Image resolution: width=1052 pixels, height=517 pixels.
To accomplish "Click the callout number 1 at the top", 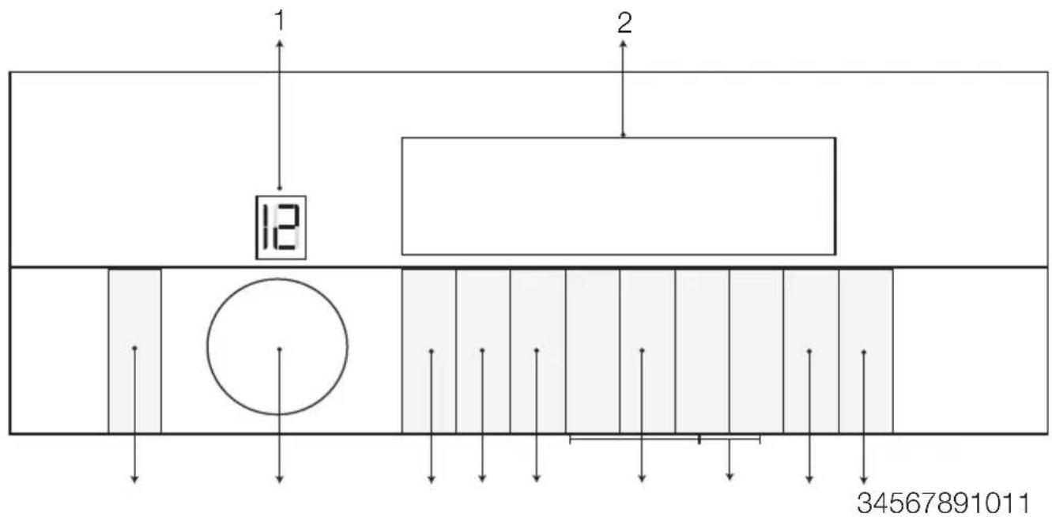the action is (x=280, y=21).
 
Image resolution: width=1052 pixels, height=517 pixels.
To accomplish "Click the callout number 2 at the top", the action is (x=624, y=23).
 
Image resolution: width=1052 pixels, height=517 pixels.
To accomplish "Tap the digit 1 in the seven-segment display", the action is (x=266, y=227).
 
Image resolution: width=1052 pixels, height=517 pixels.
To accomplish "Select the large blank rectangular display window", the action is (x=619, y=196).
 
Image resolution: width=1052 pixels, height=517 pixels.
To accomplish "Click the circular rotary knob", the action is (x=277, y=346).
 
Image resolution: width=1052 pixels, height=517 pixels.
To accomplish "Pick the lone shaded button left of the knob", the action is (x=135, y=351).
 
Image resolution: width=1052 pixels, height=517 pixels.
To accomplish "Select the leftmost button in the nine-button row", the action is (x=429, y=351).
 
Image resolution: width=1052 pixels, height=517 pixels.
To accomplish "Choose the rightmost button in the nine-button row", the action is (x=866, y=351).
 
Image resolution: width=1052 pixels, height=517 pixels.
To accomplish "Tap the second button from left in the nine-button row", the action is (x=483, y=351).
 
